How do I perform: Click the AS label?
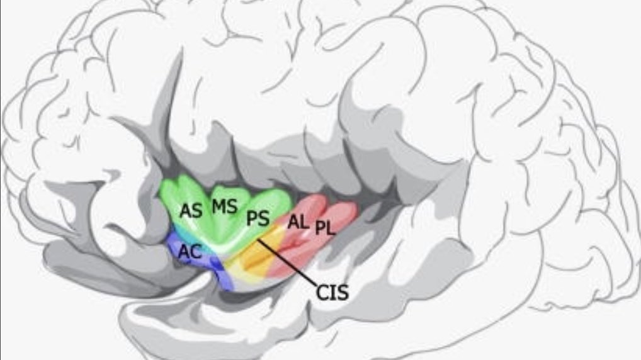191,211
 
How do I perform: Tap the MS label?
224,206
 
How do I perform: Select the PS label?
258,218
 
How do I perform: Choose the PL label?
326,227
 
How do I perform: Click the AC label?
190,251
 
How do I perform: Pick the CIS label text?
333,293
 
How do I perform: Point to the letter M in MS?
218,206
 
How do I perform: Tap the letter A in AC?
184,251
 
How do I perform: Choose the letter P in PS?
252,218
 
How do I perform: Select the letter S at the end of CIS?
343,293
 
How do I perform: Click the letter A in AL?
293,221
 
